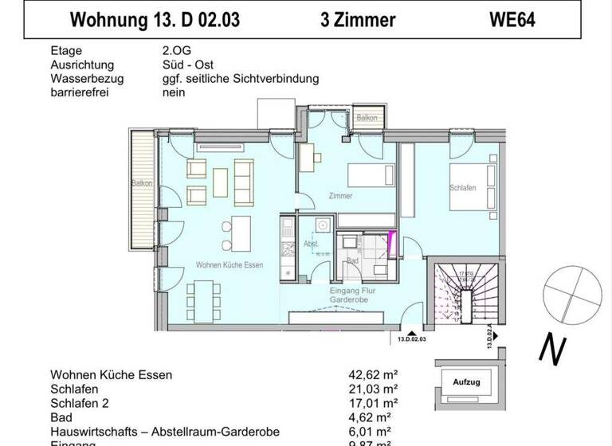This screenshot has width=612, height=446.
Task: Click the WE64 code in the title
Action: (512, 20)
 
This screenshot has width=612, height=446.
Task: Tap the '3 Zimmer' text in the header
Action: (358, 20)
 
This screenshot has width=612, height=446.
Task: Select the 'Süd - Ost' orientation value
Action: (187, 65)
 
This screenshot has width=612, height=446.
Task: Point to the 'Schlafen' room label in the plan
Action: (462, 189)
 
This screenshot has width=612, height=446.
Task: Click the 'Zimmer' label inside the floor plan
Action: (340, 196)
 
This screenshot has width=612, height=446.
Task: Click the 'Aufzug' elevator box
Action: (466, 382)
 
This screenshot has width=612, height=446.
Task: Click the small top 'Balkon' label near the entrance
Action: (367, 118)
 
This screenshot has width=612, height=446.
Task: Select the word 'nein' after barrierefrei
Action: (173, 92)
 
